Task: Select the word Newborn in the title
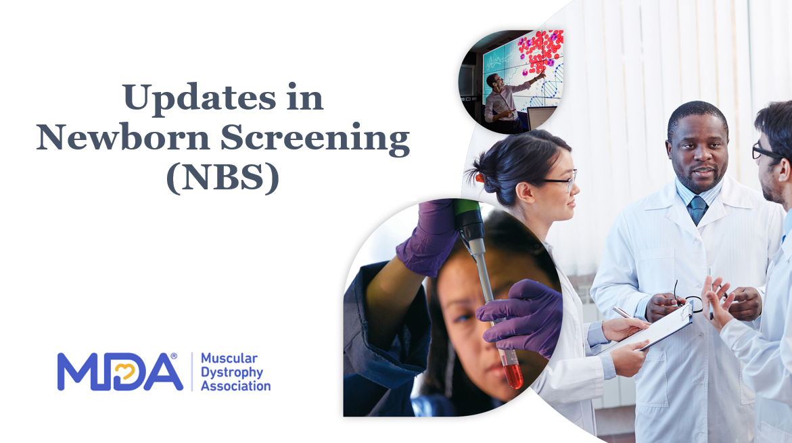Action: (x=122, y=137)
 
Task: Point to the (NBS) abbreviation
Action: (x=223, y=179)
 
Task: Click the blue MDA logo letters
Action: (x=120, y=372)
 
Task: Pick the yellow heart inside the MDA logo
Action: (x=124, y=373)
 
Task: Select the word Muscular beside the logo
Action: (x=229, y=358)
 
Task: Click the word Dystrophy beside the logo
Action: (x=232, y=373)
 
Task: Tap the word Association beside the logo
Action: (x=236, y=386)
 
